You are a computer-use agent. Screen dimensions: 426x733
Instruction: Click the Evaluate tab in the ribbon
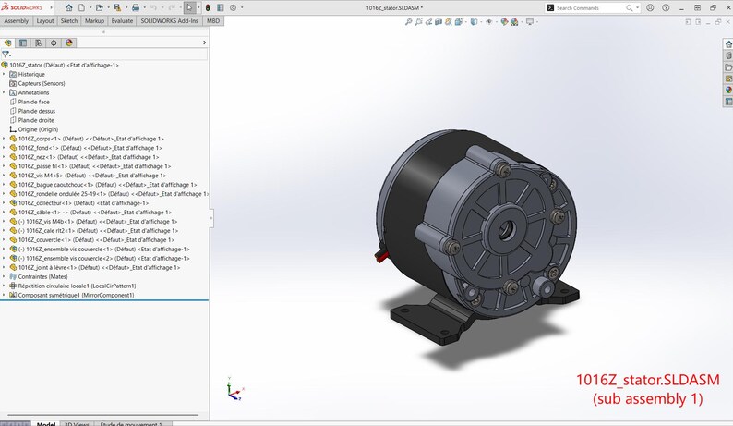click(121, 20)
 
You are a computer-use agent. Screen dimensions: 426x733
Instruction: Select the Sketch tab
click(69, 20)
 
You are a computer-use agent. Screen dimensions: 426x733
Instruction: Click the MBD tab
click(213, 20)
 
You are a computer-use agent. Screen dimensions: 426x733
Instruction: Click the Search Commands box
click(595, 7)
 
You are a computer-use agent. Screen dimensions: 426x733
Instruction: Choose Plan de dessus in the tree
click(38, 111)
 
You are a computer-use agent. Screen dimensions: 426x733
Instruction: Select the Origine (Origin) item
click(38, 129)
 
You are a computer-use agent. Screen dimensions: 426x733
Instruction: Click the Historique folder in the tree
click(31, 74)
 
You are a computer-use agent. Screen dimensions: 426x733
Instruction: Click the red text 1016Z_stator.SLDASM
click(646, 381)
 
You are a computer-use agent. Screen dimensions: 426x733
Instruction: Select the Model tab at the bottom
click(46, 423)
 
